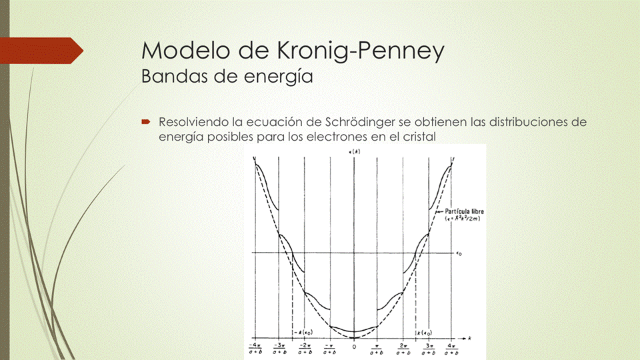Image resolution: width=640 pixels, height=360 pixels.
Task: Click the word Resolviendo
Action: pyautogui.click(x=194, y=123)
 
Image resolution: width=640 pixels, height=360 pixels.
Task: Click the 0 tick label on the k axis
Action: pyautogui.click(x=354, y=347)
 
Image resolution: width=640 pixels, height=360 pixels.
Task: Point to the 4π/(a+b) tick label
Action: pyautogui.click(x=453, y=349)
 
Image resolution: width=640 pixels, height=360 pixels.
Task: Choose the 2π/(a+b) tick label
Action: pyautogui.click(x=403, y=349)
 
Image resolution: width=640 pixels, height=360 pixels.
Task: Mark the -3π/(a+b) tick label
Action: pyautogui.click(x=280, y=349)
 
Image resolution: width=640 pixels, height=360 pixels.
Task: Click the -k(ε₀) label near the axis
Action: pyautogui.click(x=303, y=332)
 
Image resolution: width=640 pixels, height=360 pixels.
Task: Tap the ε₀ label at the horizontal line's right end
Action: pyautogui.click(x=459, y=253)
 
